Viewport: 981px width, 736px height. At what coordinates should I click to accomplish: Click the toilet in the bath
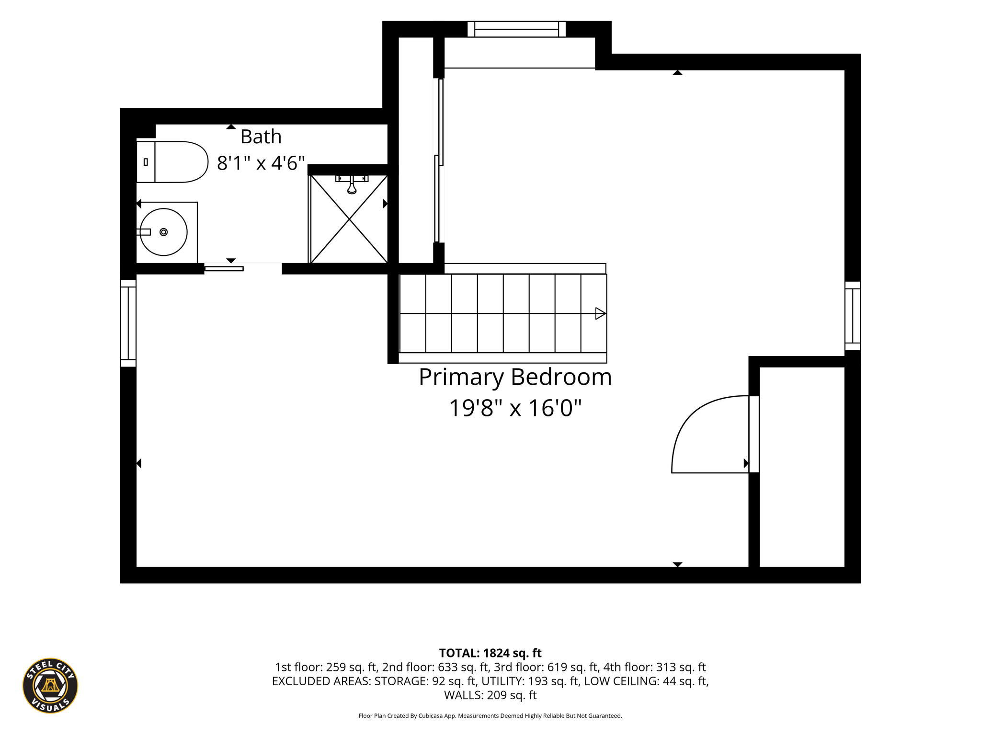coord(172,162)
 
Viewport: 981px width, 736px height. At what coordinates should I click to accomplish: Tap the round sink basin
coord(163,232)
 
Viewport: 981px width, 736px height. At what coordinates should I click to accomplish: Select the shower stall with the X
coord(349,219)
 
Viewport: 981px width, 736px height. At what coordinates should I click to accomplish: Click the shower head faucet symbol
coord(352,184)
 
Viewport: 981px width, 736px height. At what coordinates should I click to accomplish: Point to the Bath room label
coord(261,137)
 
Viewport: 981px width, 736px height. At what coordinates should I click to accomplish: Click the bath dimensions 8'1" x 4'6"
coord(261,163)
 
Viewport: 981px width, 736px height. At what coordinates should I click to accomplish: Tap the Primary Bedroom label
coord(515,377)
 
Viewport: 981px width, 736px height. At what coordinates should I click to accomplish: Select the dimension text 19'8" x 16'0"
coord(515,408)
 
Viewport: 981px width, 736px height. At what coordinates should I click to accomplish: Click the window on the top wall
coord(516,29)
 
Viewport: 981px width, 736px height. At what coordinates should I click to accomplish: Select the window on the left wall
coord(128,323)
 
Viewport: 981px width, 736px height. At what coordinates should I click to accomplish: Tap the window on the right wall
coord(853,316)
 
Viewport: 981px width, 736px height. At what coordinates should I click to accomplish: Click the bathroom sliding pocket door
coord(224,268)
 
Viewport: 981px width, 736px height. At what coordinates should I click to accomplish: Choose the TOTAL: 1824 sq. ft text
coord(490,653)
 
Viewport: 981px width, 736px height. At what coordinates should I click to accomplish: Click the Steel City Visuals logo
coord(50,685)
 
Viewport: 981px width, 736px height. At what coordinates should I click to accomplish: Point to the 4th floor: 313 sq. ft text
coord(654,667)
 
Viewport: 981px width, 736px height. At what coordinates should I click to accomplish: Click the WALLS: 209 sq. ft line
coord(490,695)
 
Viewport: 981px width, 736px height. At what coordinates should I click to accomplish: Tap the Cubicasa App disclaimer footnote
coord(490,716)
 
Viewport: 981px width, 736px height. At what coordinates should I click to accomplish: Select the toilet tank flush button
coord(146,162)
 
